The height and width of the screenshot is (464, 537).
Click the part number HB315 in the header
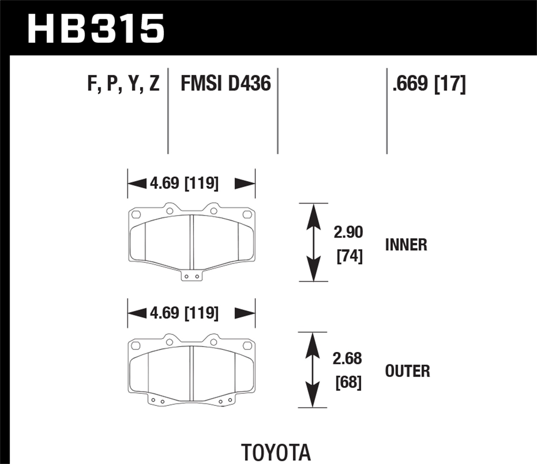click(96, 29)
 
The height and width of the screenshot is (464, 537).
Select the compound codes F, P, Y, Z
click(123, 84)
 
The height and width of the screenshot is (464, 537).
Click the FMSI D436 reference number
click(226, 84)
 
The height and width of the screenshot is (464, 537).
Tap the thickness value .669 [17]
click(429, 84)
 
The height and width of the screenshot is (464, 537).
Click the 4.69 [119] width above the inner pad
click(184, 183)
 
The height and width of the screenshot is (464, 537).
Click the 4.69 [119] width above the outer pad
click(184, 313)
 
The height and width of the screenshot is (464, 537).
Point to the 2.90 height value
click(348, 232)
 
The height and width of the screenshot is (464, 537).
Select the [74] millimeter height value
click(349, 256)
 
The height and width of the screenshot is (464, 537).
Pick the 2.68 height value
click(347, 358)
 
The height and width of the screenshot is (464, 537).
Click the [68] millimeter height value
click(348, 382)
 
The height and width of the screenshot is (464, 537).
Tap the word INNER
click(406, 245)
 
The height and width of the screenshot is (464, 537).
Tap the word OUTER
click(407, 371)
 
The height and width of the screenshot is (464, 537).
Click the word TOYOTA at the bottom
click(276, 452)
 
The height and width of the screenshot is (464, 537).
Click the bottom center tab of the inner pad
click(191, 276)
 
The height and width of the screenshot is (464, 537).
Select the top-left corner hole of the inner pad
click(136, 214)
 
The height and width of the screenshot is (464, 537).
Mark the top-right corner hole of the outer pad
click(247, 345)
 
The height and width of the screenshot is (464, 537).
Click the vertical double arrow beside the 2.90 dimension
click(313, 242)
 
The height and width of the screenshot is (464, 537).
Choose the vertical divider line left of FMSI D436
click(168, 111)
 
